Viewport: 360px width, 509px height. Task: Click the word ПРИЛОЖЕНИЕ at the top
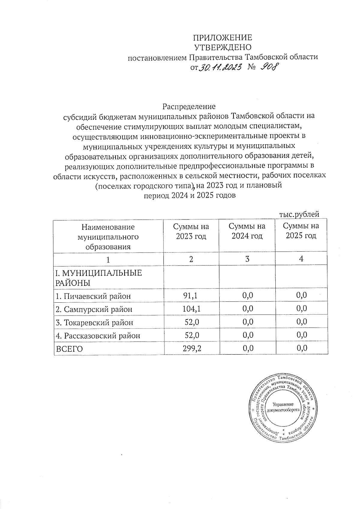(222, 38)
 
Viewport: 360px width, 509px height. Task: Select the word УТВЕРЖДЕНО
(222, 47)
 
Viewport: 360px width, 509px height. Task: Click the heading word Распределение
(189, 107)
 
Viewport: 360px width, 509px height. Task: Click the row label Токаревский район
(94, 322)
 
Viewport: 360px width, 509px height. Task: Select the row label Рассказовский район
(98, 335)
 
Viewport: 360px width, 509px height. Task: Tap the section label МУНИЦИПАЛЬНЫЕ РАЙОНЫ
(98, 277)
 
